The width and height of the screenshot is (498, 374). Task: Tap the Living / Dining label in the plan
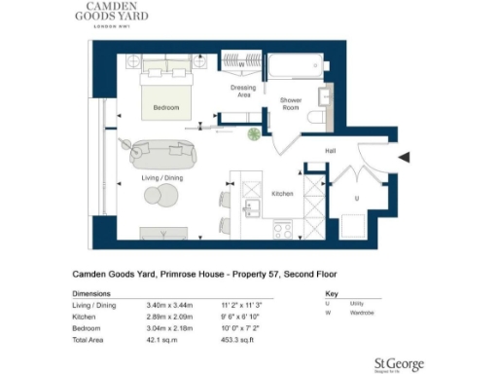[x=162, y=178]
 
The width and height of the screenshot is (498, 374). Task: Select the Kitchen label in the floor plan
[x=282, y=194]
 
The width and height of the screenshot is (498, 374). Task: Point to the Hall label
[x=330, y=151]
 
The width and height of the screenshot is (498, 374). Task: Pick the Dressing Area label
[x=243, y=93]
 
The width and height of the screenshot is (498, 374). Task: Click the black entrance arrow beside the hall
[x=406, y=158]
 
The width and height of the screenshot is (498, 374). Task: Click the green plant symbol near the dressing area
[x=254, y=133]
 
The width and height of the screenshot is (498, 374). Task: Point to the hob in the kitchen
[x=283, y=231]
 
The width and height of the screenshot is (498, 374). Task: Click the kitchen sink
[x=250, y=207]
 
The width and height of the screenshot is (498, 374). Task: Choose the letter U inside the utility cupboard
[x=356, y=198]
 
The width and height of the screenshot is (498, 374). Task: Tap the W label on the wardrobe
[x=241, y=66]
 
